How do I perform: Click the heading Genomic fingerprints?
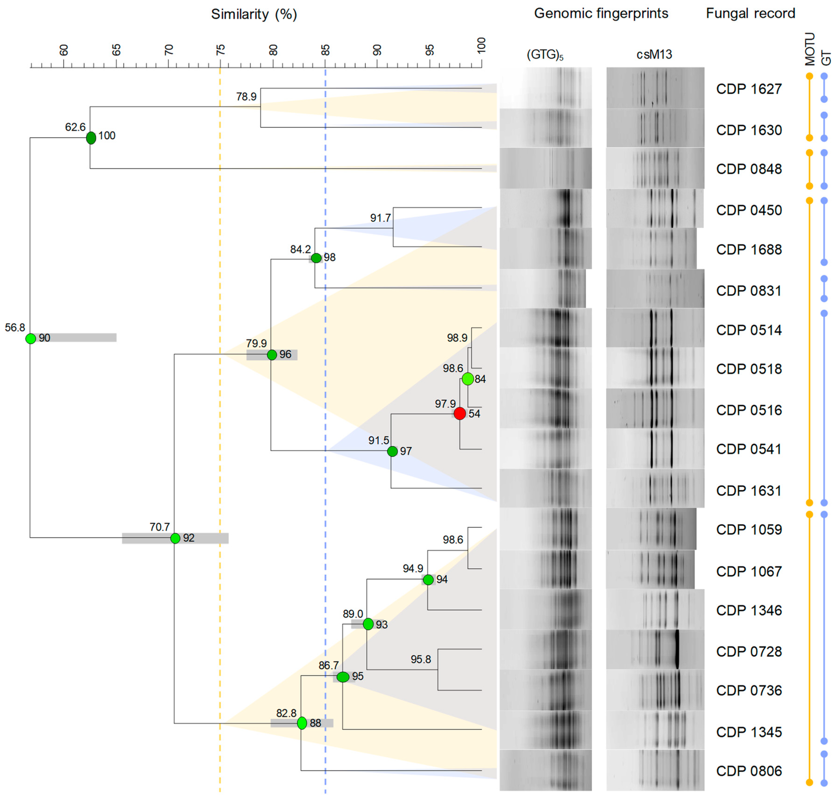click(601, 13)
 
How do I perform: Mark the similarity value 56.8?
click(15, 327)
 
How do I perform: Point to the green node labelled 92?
click(175, 538)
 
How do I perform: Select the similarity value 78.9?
click(246, 97)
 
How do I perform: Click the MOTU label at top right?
click(810, 49)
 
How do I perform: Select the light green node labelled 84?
click(468, 379)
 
